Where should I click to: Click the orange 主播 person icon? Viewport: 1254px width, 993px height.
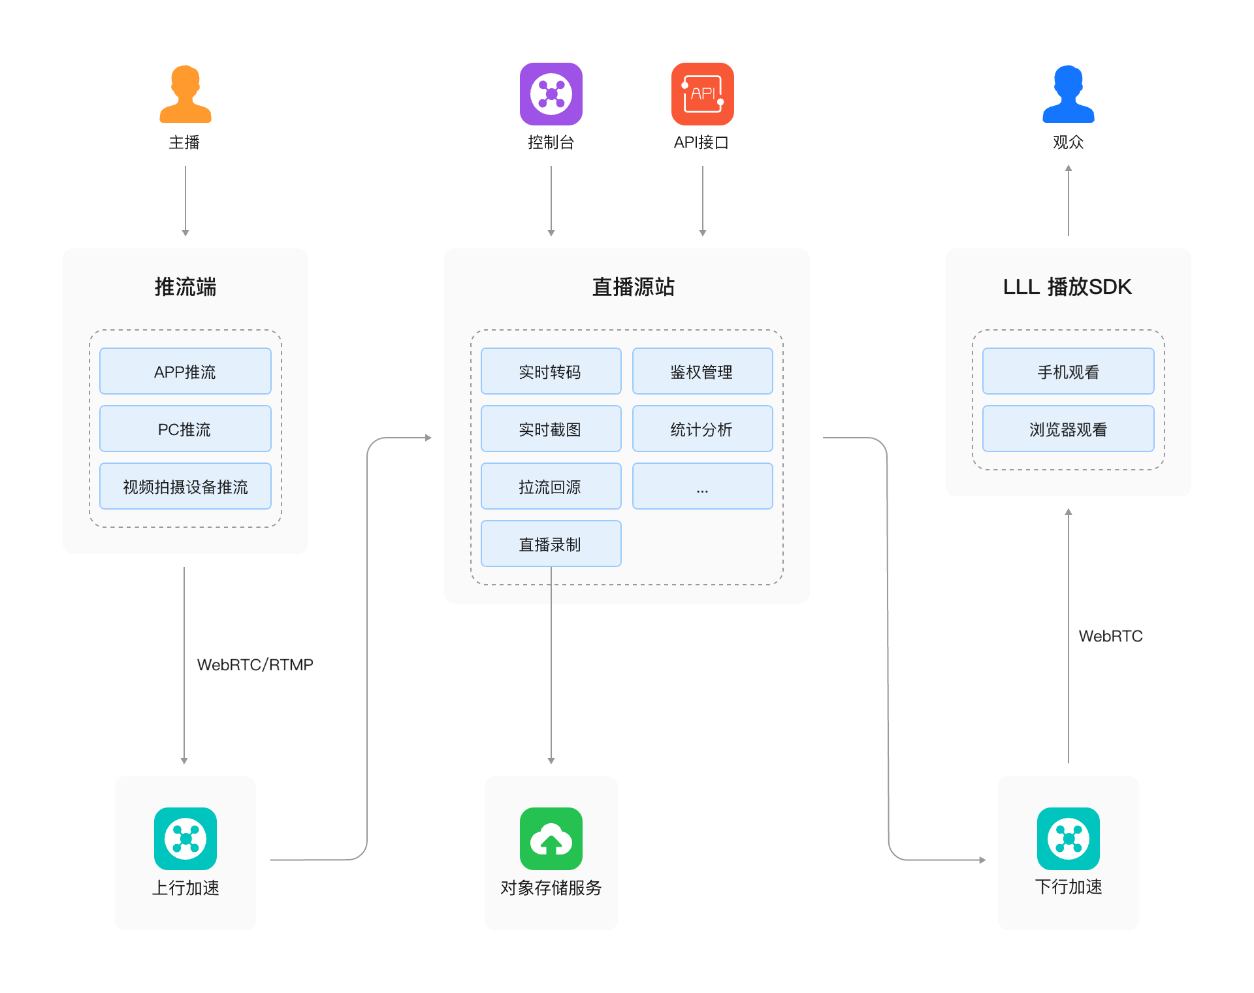[185, 95]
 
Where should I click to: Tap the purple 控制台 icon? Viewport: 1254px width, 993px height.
[551, 94]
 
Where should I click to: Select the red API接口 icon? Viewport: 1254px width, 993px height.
[702, 94]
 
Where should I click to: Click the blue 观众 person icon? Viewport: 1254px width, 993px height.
[1068, 95]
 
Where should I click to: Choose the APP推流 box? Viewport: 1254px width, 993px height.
[185, 371]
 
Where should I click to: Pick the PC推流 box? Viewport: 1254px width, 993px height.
[185, 429]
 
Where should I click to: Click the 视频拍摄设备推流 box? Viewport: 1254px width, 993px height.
[185, 486]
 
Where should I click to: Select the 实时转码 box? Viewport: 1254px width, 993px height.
[551, 371]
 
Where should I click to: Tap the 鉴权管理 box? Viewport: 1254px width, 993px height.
[702, 371]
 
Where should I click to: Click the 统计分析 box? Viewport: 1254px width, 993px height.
[702, 429]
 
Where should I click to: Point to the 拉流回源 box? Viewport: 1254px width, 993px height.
[551, 486]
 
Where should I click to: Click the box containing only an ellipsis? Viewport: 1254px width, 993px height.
[702, 486]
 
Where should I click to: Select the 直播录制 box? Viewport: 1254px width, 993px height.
[551, 544]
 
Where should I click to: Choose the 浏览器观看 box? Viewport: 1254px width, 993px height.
[1068, 429]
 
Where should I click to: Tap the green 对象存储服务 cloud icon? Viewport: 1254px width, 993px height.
[551, 839]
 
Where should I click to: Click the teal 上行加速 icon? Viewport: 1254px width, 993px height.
[185, 839]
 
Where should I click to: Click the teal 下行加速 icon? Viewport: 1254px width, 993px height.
[1068, 839]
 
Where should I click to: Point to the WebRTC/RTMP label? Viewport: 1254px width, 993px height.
[255, 664]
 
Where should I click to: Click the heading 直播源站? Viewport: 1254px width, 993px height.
[633, 287]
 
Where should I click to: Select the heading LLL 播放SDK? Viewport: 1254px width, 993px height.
[1067, 287]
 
